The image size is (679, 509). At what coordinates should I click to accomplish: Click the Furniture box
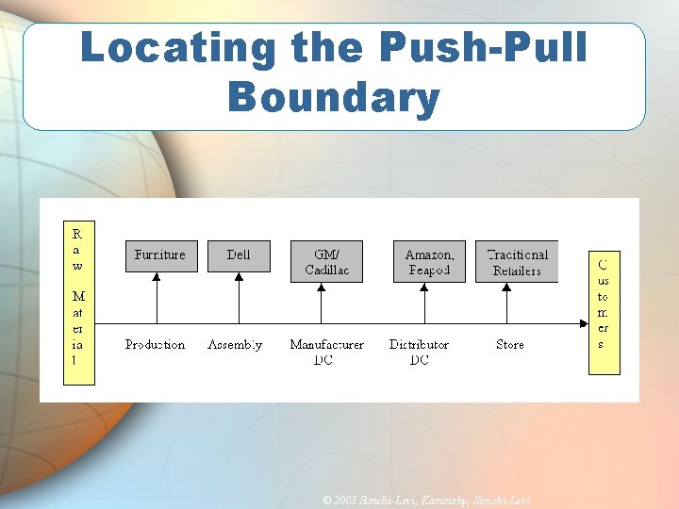pyautogui.click(x=161, y=255)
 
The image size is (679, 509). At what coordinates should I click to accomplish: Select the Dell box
pyautogui.click(x=239, y=255)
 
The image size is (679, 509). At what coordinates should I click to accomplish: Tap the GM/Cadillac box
pyautogui.click(x=326, y=262)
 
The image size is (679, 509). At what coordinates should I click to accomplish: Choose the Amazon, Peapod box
pyautogui.click(x=429, y=262)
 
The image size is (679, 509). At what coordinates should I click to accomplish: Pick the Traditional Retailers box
pyautogui.click(x=516, y=262)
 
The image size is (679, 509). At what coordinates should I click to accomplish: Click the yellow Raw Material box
pyautogui.click(x=78, y=303)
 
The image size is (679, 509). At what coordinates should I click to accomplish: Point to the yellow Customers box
pyautogui.click(x=604, y=312)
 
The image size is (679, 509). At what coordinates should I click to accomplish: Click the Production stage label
pyautogui.click(x=156, y=345)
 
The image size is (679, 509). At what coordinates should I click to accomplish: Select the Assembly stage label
pyautogui.click(x=235, y=345)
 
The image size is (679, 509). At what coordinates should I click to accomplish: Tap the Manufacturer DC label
pyautogui.click(x=326, y=352)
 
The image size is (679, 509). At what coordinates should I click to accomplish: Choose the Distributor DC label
pyautogui.click(x=419, y=352)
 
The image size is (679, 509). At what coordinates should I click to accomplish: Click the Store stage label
pyautogui.click(x=510, y=345)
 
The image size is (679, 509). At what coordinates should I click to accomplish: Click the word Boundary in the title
pyautogui.click(x=334, y=97)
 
